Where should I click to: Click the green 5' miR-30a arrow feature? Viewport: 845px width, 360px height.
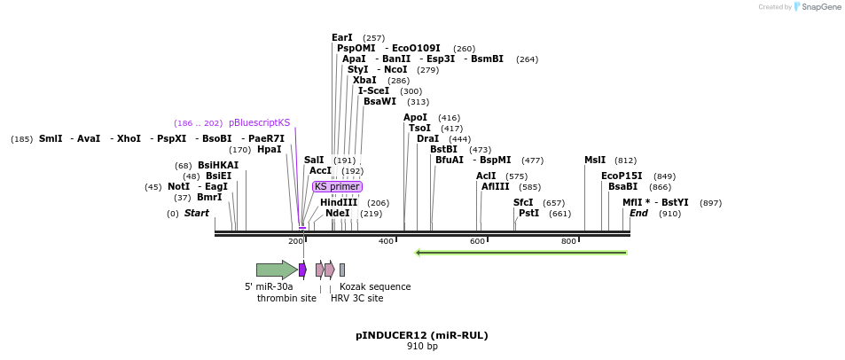(x=276, y=270)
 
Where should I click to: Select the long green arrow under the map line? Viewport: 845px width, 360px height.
(x=521, y=253)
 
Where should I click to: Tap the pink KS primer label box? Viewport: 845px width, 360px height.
(x=337, y=186)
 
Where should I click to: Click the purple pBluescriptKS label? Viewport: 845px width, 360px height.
(x=259, y=122)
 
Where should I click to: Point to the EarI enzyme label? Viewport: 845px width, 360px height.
(x=342, y=37)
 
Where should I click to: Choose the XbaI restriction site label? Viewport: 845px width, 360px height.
(x=364, y=80)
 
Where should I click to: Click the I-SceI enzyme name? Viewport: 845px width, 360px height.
(x=373, y=90)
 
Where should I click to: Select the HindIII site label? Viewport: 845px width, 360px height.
(x=339, y=202)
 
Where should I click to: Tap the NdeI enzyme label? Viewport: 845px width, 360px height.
(x=337, y=213)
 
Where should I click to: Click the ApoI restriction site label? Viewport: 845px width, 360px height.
(x=415, y=117)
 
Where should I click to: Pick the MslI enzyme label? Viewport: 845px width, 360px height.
(x=595, y=160)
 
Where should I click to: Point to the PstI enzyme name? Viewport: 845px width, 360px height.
(x=528, y=213)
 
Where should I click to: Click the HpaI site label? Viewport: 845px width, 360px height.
(x=269, y=149)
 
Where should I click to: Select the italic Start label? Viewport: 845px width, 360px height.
(x=197, y=213)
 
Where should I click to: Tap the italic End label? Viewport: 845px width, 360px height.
(x=638, y=213)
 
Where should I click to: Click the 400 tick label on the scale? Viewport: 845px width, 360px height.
(x=386, y=241)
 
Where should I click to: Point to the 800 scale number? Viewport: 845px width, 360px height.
(x=568, y=241)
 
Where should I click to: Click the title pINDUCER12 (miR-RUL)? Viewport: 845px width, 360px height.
(x=422, y=335)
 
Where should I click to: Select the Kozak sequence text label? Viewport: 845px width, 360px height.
(x=375, y=286)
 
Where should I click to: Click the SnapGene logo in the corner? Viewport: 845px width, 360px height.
(x=814, y=7)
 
